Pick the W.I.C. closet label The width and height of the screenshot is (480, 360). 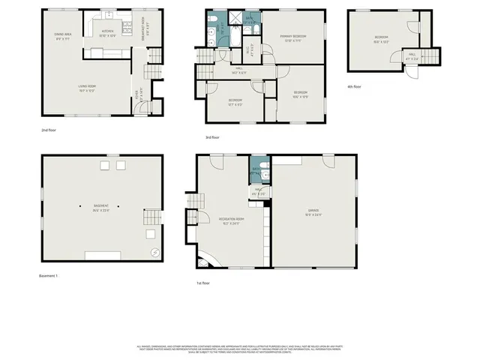(249, 52)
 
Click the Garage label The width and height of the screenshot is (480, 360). (313, 214)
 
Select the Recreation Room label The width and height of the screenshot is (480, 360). (230, 221)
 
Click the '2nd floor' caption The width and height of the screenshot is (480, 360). (49, 130)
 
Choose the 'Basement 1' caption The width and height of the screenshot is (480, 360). (49, 276)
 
